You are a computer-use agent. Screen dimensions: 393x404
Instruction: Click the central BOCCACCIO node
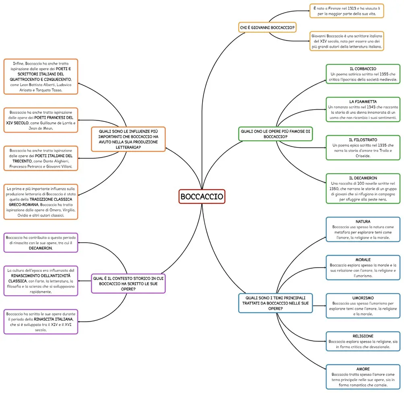pyautogui.click(x=202, y=196)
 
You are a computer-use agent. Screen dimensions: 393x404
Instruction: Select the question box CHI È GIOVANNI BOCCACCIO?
pyautogui.click(x=267, y=28)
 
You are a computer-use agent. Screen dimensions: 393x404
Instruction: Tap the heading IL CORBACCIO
pyautogui.click(x=363, y=69)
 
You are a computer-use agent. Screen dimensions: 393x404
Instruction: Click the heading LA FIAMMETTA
pyautogui.click(x=363, y=102)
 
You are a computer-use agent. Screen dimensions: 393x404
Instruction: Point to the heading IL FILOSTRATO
pyautogui.click(x=363, y=139)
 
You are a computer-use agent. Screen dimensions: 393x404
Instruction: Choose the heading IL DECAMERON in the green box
pyautogui.click(x=363, y=178)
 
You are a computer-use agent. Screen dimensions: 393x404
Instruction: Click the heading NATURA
pyautogui.click(x=363, y=221)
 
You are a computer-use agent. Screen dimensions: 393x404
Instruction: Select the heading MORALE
pyautogui.click(x=363, y=260)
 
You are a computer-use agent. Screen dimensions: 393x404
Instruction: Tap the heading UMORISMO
pyautogui.click(x=363, y=298)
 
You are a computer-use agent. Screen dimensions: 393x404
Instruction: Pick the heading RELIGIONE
pyautogui.click(x=363, y=336)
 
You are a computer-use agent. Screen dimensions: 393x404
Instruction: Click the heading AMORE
pyautogui.click(x=363, y=369)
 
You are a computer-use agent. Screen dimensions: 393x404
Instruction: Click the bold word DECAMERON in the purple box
pyautogui.click(x=41, y=248)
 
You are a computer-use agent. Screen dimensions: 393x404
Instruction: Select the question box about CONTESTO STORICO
pyautogui.click(x=128, y=283)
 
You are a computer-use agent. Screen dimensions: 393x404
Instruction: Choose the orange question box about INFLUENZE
pyautogui.click(x=128, y=139)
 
